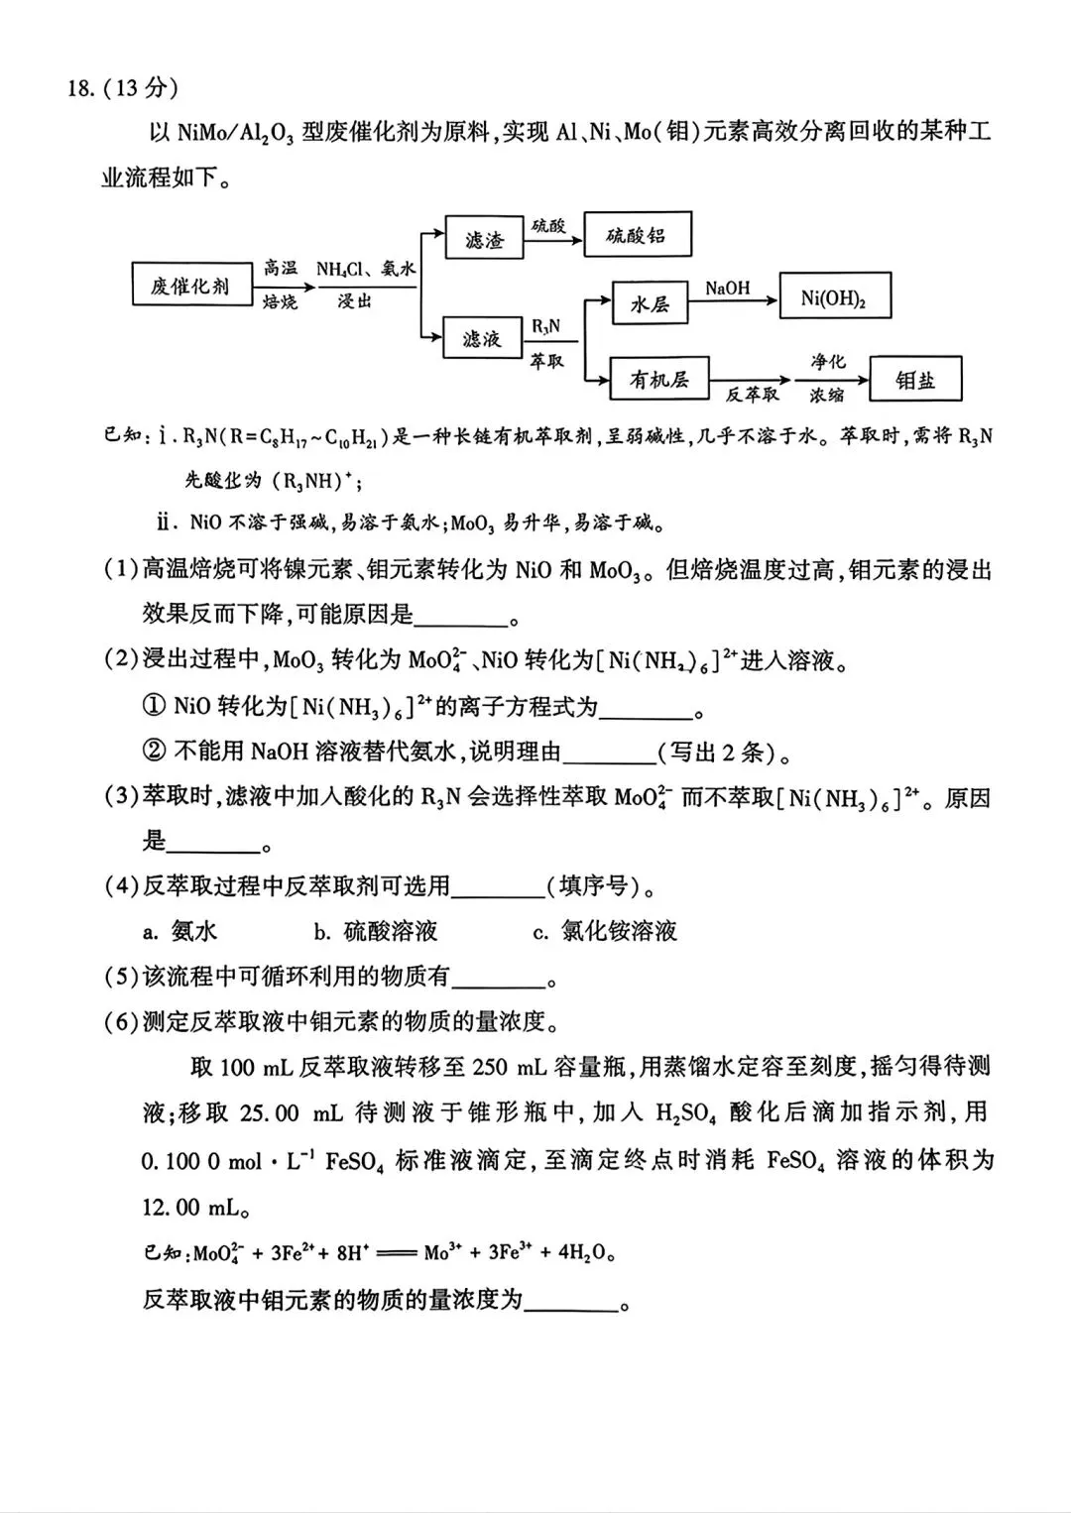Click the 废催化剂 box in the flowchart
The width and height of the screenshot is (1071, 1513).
pos(190,286)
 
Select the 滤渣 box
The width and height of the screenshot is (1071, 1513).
pos(484,239)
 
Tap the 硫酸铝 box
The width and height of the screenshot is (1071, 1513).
pos(637,236)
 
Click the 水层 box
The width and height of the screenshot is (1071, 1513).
pos(650,304)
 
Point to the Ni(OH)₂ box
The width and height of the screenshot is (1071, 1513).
pos(834,297)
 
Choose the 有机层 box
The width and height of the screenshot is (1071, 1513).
pos(659,380)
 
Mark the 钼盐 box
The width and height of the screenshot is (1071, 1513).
pos(914,380)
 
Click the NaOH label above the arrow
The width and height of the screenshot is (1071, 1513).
pos(728,289)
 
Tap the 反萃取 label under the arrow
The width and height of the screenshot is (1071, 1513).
pos(752,395)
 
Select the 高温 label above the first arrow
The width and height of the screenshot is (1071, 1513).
pos(281,268)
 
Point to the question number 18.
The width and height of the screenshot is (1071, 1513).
pos(80,88)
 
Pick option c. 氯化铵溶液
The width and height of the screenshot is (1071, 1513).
pos(605,931)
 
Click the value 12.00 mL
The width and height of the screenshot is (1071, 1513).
pos(194,1208)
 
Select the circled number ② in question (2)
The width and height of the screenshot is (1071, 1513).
pos(154,752)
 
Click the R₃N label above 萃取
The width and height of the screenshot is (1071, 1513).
pos(545,325)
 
